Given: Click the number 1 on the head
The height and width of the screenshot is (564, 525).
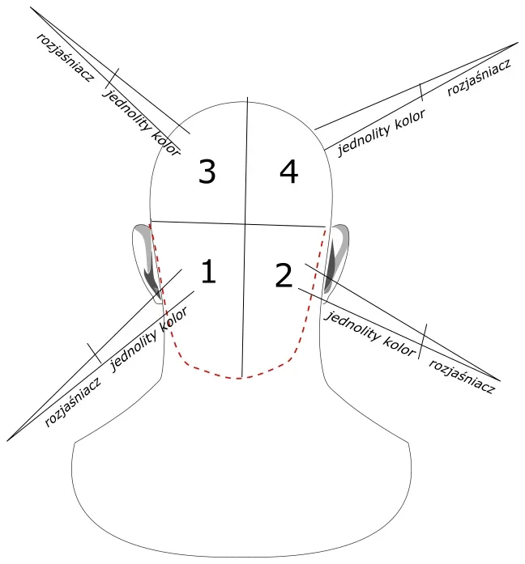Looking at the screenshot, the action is (x=208, y=271).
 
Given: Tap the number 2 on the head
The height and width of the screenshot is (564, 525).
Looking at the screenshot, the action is (x=284, y=275).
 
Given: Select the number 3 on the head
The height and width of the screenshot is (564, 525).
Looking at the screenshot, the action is (x=207, y=172).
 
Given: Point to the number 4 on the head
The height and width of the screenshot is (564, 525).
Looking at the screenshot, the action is (x=288, y=172).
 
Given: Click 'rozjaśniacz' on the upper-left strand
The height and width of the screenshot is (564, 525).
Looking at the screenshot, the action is (x=65, y=57).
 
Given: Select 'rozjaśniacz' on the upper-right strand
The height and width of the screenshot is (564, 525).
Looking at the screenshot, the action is (x=479, y=78).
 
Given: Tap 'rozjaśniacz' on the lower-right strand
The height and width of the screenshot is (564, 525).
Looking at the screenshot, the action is (x=462, y=376).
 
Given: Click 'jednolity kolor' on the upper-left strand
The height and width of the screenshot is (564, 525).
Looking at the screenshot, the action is (x=141, y=122).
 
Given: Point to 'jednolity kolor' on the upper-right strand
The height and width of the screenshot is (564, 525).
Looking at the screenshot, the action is (x=381, y=133).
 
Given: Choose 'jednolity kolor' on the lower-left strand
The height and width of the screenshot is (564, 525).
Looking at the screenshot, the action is (x=148, y=340).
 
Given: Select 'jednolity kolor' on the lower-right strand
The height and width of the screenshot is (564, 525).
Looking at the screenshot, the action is (x=371, y=334).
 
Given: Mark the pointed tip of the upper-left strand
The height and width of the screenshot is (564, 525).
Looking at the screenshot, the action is (x=30, y=7).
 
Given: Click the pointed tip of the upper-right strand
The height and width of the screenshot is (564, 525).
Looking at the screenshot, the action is (x=518, y=42).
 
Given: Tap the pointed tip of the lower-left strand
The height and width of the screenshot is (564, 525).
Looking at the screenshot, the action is (x=7, y=441).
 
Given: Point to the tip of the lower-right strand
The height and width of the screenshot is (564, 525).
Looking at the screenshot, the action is (x=500, y=380).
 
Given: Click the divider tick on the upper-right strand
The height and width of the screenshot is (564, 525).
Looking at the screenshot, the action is (x=421, y=92).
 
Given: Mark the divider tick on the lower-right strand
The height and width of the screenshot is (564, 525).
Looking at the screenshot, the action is (x=423, y=341).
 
